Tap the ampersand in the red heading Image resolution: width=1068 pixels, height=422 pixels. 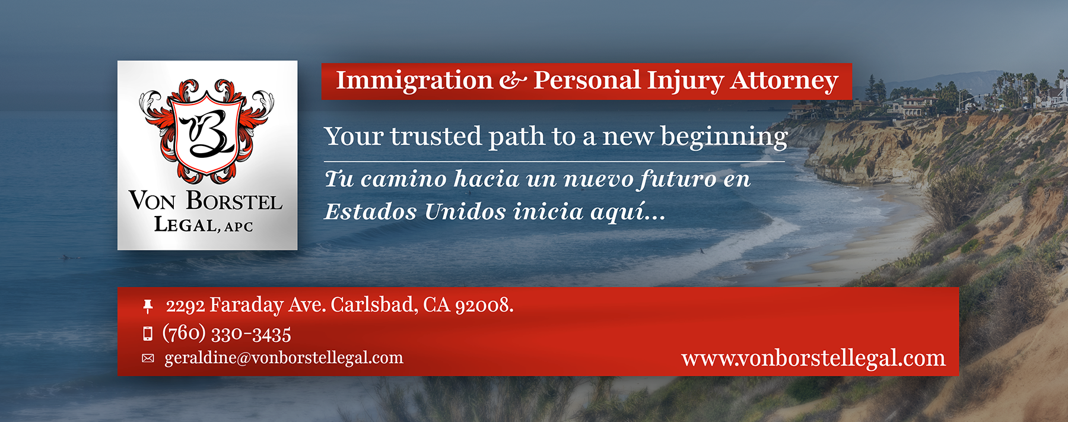click(x=513, y=81)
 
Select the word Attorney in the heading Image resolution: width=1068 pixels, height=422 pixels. click(x=784, y=81)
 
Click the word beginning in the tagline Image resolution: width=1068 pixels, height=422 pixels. click(x=724, y=137)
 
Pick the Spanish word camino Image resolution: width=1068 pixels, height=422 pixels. click(x=403, y=179)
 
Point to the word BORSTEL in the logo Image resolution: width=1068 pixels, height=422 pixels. click(x=234, y=201)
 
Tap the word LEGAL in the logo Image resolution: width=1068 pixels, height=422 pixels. click(x=185, y=225)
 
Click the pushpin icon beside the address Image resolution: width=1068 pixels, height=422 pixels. click(x=148, y=306)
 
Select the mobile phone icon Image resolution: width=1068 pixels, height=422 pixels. click(x=148, y=334)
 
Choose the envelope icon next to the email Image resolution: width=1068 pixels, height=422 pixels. click(x=148, y=358)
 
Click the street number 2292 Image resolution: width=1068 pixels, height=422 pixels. click(x=185, y=306)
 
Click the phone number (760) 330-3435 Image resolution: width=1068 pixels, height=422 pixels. click(x=227, y=334)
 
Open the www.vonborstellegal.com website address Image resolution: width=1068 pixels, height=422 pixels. click(x=813, y=358)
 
